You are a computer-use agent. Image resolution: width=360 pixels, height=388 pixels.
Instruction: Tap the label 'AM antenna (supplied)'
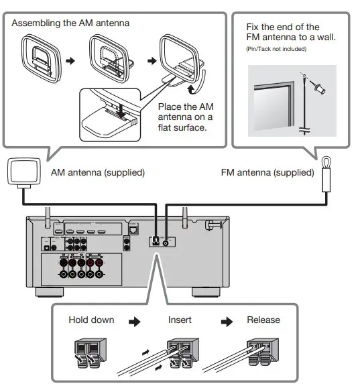pos(98,172)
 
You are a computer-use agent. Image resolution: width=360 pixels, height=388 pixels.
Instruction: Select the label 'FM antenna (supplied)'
pos(267,172)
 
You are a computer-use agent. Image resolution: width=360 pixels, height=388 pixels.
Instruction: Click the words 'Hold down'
pos(91,320)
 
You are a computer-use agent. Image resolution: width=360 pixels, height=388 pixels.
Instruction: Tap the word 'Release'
pos(263,320)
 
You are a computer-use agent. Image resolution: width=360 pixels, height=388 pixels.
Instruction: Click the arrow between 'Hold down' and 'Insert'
pos(135,321)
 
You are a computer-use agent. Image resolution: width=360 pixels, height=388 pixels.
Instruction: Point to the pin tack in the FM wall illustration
pos(314,86)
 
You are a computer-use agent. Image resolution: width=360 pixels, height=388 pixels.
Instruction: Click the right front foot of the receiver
pos(204,292)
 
